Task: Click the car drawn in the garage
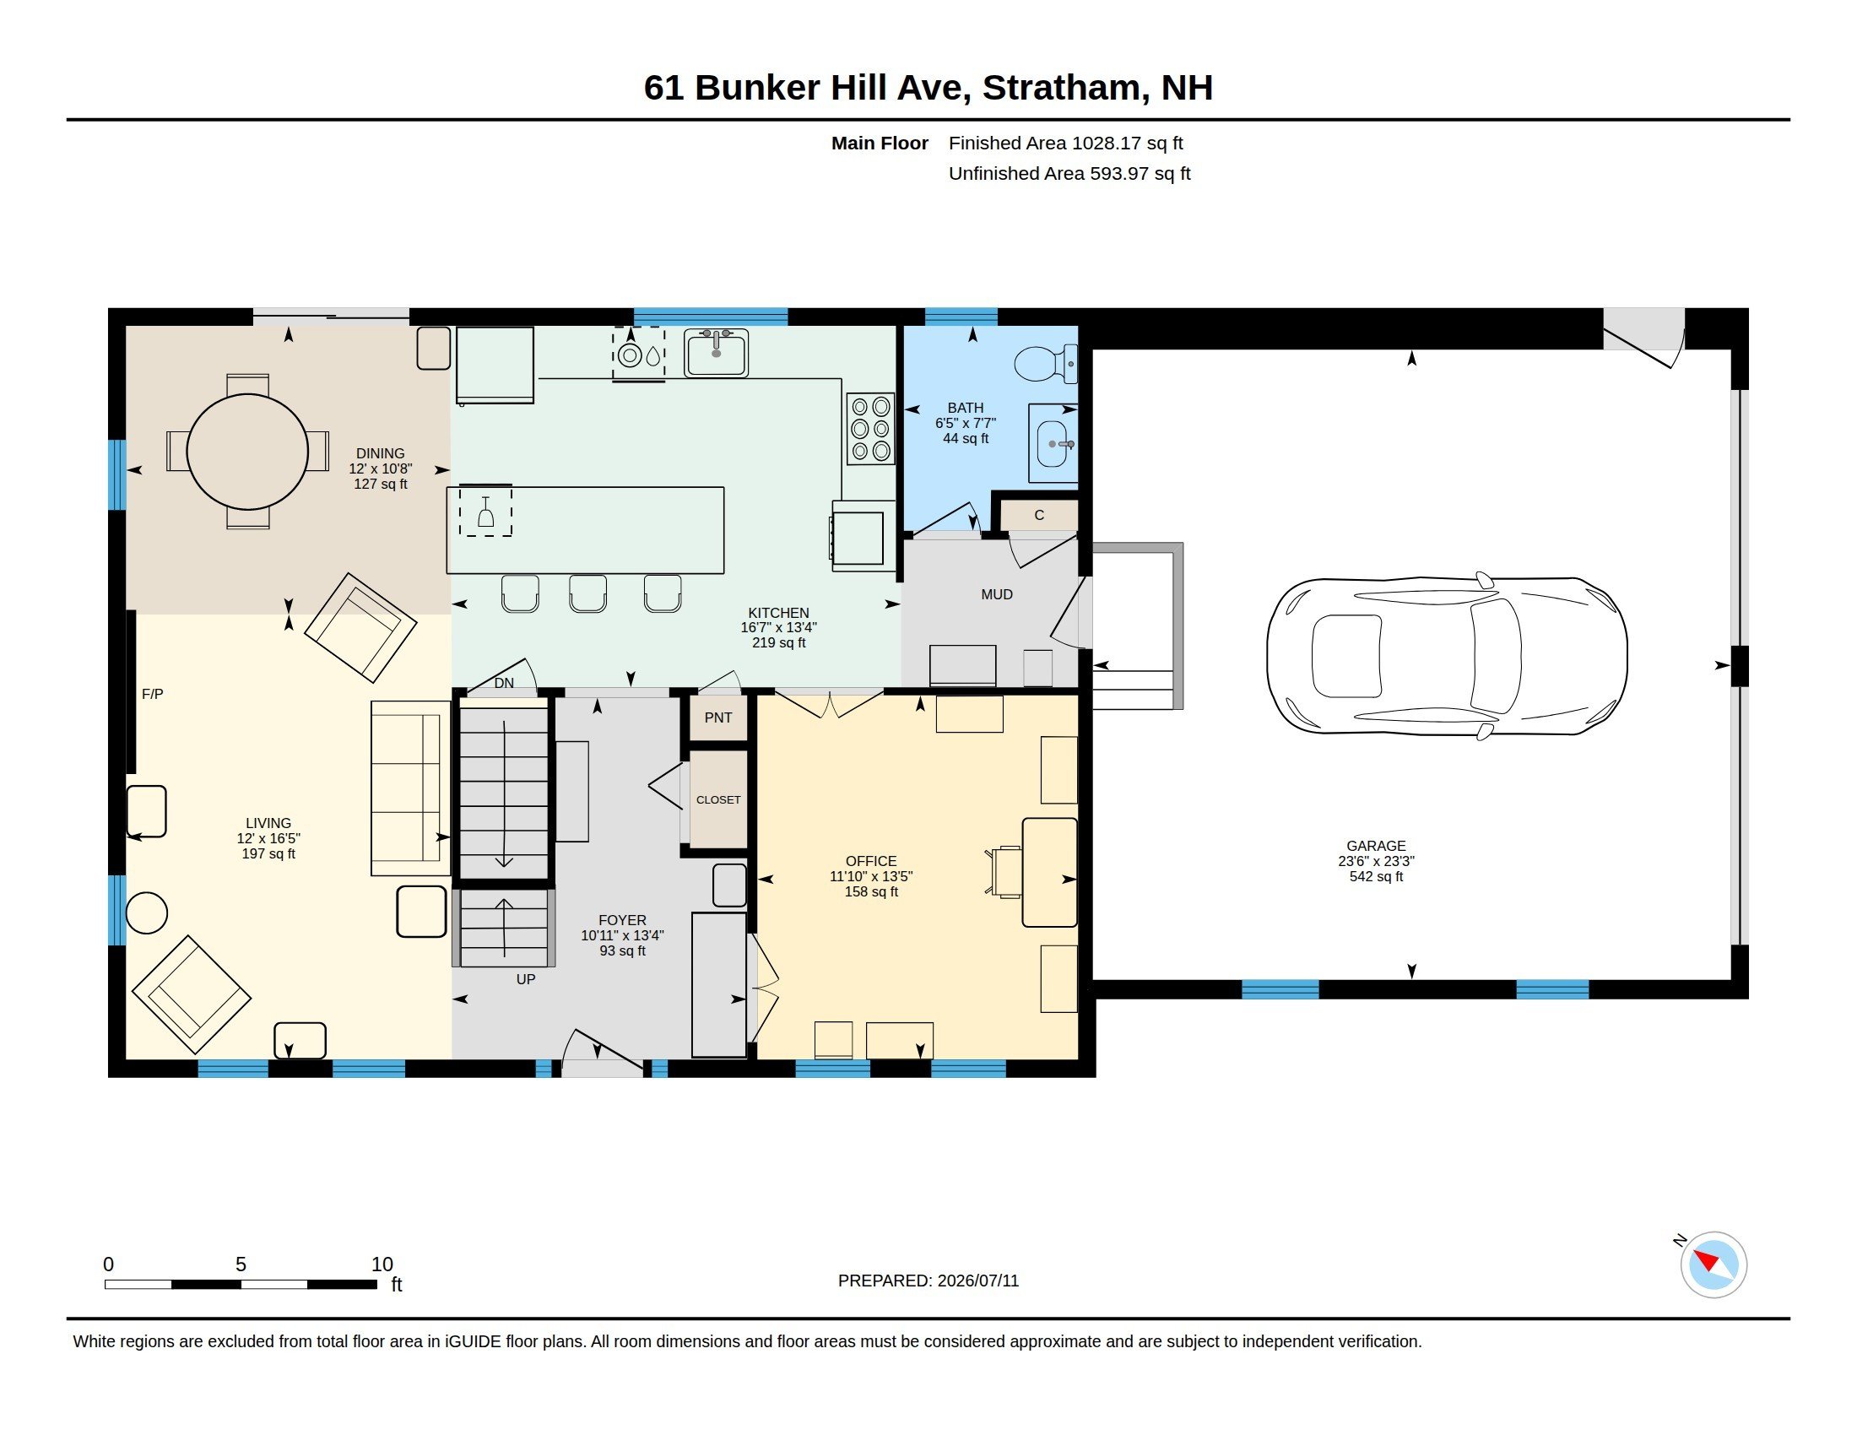coord(1446,654)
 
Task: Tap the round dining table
coord(247,452)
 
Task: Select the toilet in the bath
coord(1046,364)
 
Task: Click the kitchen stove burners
coord(869,429)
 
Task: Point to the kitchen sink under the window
coord(716,353)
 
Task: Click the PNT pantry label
coord(717,717)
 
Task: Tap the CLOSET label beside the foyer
coord(718,800)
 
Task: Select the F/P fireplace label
coord(152,694)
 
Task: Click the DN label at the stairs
coord(504,683)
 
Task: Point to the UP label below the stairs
coord(526,979)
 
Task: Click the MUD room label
coord(997,594)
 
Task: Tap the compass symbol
coord(1714,1265)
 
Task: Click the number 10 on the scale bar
coord(382,1264)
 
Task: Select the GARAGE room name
coord(1376,846)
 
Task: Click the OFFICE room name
coord(871,861)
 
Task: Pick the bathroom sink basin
coord(1053,444)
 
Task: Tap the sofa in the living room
coord(411,788)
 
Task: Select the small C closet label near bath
coord(1039,515)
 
